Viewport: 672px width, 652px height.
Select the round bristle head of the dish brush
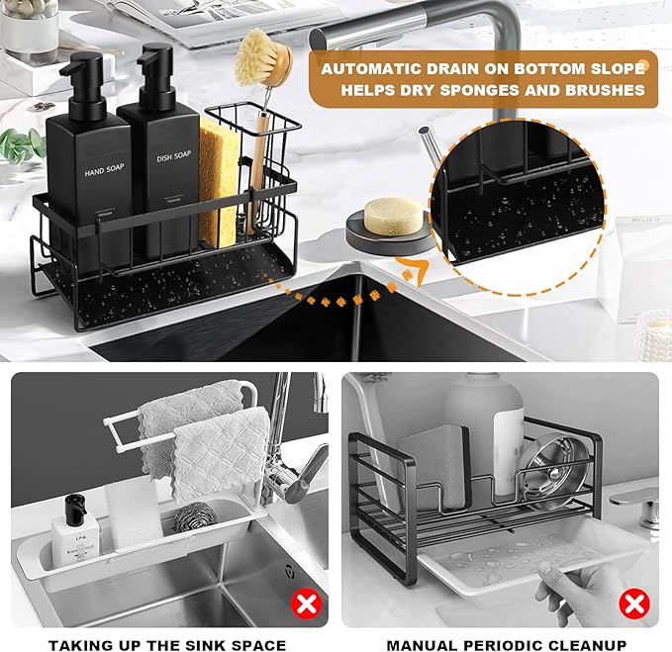262,57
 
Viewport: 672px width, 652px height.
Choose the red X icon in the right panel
632,602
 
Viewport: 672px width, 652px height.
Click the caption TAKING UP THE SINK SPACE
167,643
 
